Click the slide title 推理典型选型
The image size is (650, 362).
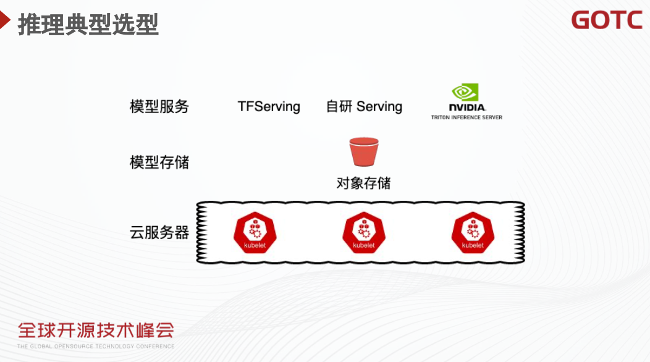(88, 25)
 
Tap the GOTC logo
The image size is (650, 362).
(606, 20)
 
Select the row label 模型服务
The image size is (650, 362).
(159, 106)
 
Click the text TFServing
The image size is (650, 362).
(269, 106)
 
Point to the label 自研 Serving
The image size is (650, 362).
(364, 106)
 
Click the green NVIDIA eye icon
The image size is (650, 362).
(465, 92)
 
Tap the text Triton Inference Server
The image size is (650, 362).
(466, 117)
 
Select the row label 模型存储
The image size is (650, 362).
(159, 162)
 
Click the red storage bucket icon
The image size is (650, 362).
(364, 152)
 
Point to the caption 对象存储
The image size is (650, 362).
(363, 183)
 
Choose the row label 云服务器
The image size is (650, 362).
(159, 233)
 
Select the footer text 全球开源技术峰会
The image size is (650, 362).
(96, 330)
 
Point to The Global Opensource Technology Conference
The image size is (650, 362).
(96, 346)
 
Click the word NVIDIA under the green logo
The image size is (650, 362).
(466, 107)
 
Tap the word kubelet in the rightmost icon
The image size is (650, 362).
(473, 245)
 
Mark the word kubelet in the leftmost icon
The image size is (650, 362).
(255, 245)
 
